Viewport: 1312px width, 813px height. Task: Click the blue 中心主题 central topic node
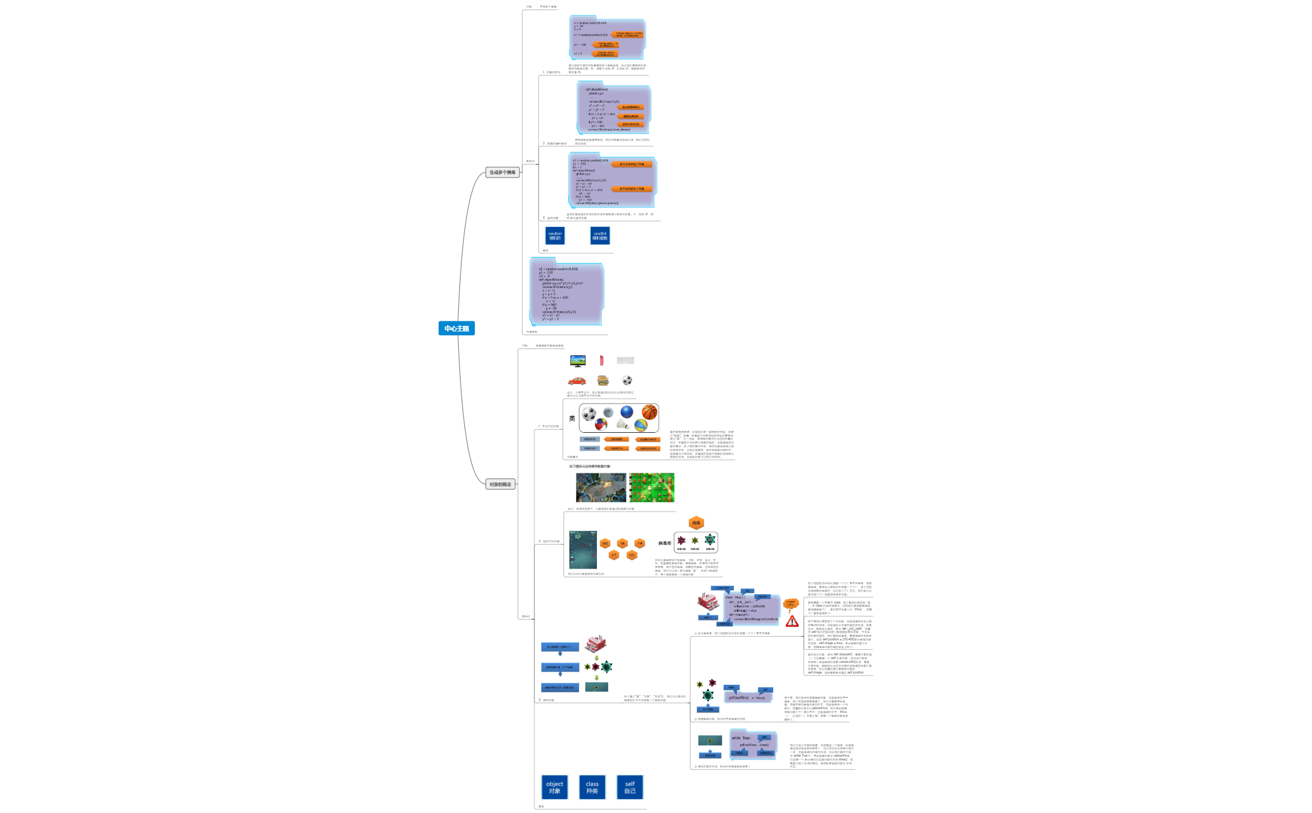(456, 328)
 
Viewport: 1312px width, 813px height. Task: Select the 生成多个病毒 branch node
(502, 172)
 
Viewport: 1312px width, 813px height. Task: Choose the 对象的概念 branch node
(500, 484)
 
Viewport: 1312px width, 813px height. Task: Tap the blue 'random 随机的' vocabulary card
(555, 236)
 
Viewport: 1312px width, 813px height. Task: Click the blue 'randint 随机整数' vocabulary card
(600, 236)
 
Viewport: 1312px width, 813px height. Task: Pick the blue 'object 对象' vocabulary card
(554, 787)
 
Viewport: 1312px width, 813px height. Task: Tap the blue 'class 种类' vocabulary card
(592, 787)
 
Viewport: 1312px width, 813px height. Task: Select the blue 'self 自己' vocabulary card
(629, 787)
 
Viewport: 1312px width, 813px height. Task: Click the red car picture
(577, 381)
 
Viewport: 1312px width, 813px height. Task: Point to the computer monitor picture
(578, 361)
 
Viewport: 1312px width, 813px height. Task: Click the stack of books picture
(603, 380)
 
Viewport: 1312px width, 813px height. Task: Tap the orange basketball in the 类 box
(649, 412)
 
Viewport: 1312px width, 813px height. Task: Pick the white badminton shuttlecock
(623, 425)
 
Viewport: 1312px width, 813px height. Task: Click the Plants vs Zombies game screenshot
(652, 487)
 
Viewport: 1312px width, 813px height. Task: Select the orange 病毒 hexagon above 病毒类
(696, 523)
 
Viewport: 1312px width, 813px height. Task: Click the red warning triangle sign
(792, 621)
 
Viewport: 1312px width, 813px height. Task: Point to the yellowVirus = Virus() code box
(748, 697)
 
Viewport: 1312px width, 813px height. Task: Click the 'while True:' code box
(753, 744)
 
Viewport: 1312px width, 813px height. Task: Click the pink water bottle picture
(601, 360)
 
